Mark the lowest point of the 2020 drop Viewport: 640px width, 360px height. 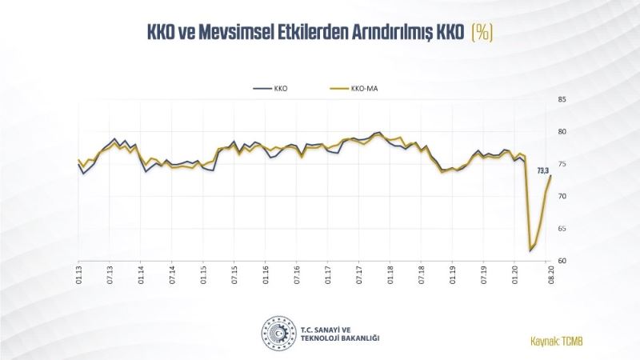pyautogui.click(x=530, y=250)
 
